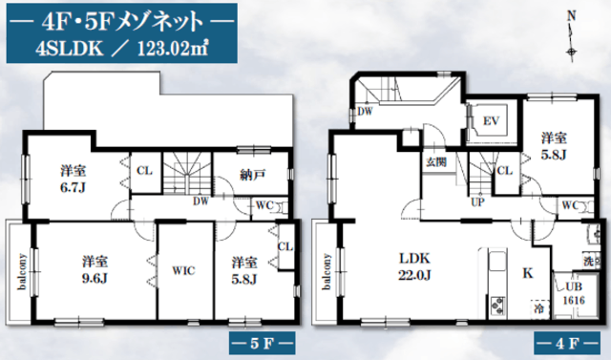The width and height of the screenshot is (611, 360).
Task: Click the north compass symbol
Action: click(572, 37)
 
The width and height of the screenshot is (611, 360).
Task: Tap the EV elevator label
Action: click(491, 120)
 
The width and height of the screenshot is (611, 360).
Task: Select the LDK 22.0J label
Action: click(414, 266)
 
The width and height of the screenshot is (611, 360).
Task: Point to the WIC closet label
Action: click(183, 270)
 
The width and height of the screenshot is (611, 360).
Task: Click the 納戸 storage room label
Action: click(252, 175)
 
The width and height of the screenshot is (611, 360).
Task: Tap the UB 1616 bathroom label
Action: click(574, 293)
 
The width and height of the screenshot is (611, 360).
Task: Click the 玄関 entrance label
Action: click(436, 161)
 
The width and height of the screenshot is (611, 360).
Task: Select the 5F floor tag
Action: click(262, 343)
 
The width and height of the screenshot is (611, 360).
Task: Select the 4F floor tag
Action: click(567, 343)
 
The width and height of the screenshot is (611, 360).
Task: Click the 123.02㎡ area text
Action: click(172, 49)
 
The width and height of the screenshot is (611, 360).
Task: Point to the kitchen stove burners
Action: click(497, 305)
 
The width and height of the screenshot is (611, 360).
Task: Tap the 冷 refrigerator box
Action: click(539, 307)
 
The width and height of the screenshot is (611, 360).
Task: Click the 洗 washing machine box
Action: click(590, 261)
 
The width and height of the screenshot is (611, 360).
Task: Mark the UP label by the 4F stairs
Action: click(477, 202)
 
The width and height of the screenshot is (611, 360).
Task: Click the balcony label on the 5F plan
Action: click(22, 271)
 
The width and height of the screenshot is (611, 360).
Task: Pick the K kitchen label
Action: click(528, 273)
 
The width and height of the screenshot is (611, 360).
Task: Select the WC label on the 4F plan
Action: click(570, 205)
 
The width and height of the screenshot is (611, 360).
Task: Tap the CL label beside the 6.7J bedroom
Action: click(144, 171)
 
